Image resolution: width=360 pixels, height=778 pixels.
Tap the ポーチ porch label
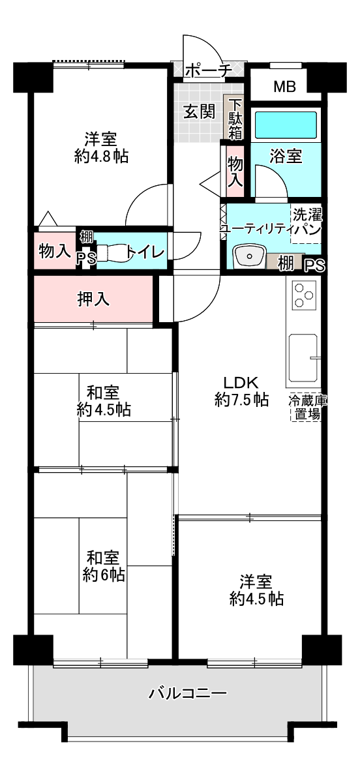(x=208, y=71)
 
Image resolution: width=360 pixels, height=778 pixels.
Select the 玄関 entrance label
(x=200, y=112)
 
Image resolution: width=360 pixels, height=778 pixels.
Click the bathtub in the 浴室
(x=285, y=125)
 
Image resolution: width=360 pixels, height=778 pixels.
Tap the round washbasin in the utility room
(x=249, y=257)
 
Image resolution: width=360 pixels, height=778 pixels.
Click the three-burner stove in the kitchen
(x=303, y=296)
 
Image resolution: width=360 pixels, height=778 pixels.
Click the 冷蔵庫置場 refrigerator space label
(x=305, y=408)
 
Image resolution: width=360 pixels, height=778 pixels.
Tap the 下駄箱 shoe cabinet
(x=235, y=119)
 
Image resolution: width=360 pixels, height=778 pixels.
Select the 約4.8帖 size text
(x=101, y=157)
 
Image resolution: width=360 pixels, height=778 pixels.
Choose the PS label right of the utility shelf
(x=314, y=267)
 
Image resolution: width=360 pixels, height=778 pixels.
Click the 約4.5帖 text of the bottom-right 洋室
(x=256, y=599)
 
